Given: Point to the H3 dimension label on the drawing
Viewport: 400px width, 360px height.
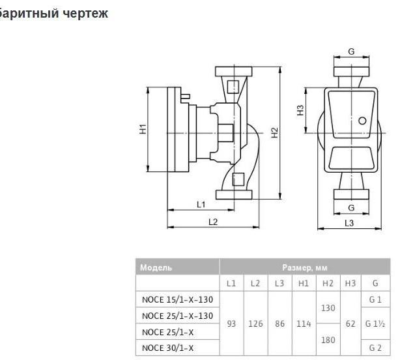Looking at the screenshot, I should click(x=300, y=110).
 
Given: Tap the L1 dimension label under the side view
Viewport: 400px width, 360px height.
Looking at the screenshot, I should click(x=201, y=204).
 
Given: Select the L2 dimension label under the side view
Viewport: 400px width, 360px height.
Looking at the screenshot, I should click(x=212, y=222).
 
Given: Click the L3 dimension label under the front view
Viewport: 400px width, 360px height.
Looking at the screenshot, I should click(x=349, y=223).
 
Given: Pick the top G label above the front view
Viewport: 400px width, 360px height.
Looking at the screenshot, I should click(x=351, y=51).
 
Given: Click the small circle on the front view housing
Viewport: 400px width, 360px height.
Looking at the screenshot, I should click(x=362, y=120).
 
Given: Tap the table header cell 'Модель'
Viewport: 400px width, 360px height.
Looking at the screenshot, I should click(x=157, y=267).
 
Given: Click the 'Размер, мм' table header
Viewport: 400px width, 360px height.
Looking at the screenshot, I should click(x=305, y=267).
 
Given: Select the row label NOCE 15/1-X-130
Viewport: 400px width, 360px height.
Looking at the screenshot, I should click(x=177, y=299).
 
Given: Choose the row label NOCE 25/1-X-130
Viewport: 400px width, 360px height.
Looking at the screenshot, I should click(x=177, y=316).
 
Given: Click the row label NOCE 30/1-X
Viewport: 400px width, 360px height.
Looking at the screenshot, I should click(x=168, y=348).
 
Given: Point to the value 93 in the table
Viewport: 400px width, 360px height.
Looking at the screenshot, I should click(x=231, y=323).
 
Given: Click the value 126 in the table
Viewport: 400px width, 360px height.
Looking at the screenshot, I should click(x=255, y=323).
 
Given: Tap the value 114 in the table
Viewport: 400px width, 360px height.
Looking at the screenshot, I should click(x=303, y=323).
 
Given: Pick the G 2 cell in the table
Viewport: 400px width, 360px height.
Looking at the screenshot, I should click(x=375, y=348).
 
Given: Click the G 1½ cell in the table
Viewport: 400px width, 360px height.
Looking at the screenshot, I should click(x=375, y=323).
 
